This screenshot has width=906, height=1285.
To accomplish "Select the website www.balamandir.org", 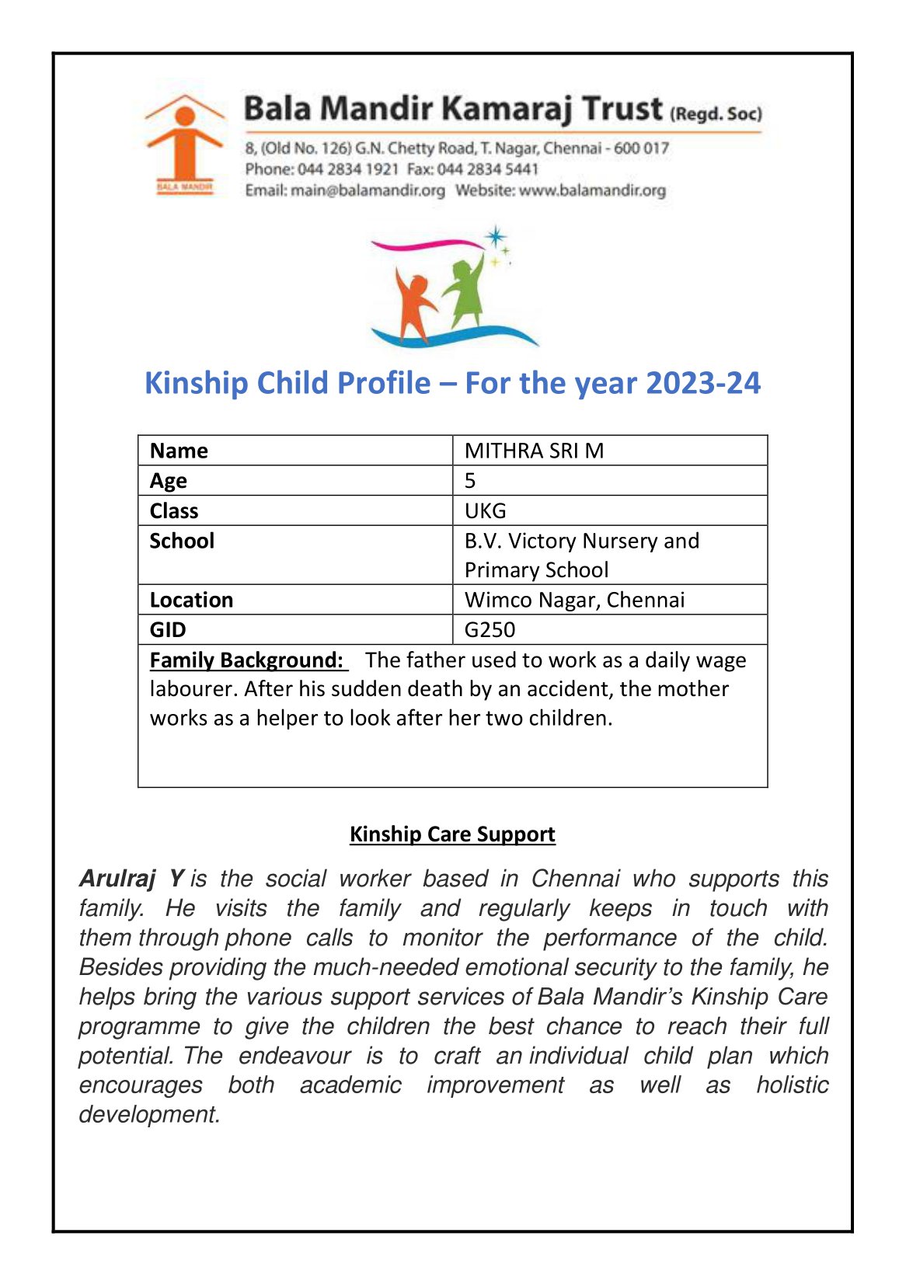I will [x=592, y=190].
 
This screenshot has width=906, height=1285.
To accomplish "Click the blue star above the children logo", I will [x=495, y=236].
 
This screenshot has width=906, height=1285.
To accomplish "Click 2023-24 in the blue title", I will [x=703, y=383].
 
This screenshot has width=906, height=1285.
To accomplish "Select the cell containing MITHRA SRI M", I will [x=534, y=451].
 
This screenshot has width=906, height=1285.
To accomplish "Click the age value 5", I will [x=470, y=481].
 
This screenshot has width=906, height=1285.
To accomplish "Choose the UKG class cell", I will [x=485, y=510].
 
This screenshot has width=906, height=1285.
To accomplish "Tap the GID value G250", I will [x=490, y=629].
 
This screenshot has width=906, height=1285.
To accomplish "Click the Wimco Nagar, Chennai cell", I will [x=574, y=600].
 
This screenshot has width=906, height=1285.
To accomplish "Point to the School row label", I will [x=182, y=541].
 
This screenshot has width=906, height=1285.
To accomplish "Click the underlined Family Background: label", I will [x=247, y=660].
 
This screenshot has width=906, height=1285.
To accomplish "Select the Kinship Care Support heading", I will [x=452, y=834].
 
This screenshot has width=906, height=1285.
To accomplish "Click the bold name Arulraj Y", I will [x=131, y=879].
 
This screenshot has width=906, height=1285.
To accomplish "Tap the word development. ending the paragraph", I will [x=149, y=1114].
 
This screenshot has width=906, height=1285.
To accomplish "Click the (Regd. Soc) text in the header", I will [x=716, y=113].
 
